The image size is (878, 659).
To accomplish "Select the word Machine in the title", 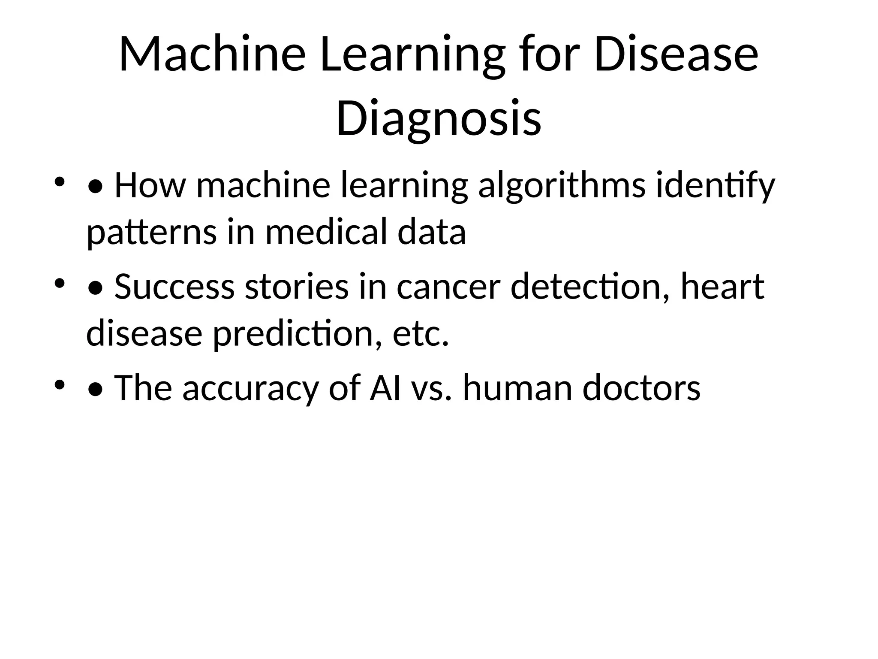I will tap(212, 55).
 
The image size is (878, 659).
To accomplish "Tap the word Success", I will tap(174, 287).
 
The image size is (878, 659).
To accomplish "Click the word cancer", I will tap(448, 287).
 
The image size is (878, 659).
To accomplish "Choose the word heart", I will tap(722, 287).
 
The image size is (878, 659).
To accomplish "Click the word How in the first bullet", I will tap(150, 186).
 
